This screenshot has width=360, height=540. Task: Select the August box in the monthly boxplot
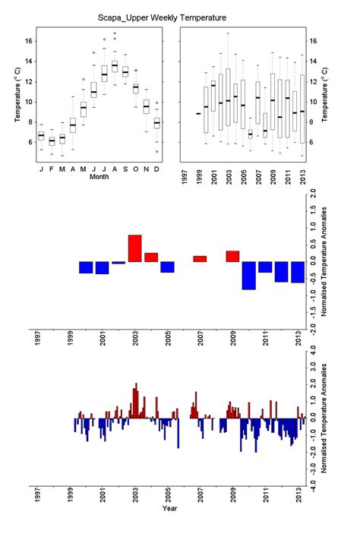(x=115, y=67)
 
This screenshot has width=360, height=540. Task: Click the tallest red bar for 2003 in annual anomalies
(x=134, y=248)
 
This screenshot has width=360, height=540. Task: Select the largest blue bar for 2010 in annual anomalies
(x=248, y=276)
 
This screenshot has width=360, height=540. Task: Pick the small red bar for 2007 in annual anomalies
(x=200, y=259)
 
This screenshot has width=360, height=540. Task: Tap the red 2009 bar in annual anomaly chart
(x=232, y=257)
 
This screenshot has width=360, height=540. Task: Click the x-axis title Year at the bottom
(x=170, y=508)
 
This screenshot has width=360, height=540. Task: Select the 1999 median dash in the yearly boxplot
(x=198, y=114)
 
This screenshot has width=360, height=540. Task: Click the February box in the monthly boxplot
(x=52, y=141)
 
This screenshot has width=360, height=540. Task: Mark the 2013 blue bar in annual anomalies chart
(x=298, y=272)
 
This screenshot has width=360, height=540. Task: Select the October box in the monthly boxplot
(x=136, y=89)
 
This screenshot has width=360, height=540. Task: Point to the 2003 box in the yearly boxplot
(x=227, y=97)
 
